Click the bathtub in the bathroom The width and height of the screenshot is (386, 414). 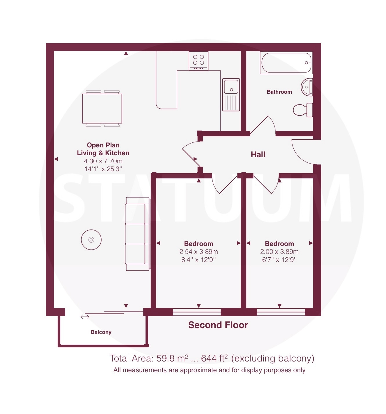tap(286, 63)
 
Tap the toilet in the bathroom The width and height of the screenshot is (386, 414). tap(303, 110)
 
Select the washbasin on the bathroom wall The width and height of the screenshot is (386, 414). tap(307, 87)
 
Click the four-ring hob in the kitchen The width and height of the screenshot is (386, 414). tap(198, 61)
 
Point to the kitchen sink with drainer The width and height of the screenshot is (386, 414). tap(231, 95)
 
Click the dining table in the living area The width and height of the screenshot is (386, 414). tap(102, 109)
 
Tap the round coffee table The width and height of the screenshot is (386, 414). tap(91, 240)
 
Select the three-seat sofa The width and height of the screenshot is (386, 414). tap(138, 234)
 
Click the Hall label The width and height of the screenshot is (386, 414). tap(258, 155)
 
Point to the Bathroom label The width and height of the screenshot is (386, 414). tap(279, 92)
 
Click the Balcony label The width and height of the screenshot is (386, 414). tap(101, 332)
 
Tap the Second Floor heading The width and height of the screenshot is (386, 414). tap(218, 325)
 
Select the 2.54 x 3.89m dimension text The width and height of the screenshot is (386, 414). tap(199, 252)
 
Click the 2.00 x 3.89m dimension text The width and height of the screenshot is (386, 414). tap(279, 252)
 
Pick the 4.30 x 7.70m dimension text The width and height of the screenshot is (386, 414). tap(103, 161)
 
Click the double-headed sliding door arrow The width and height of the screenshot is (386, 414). tap(85, 317)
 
